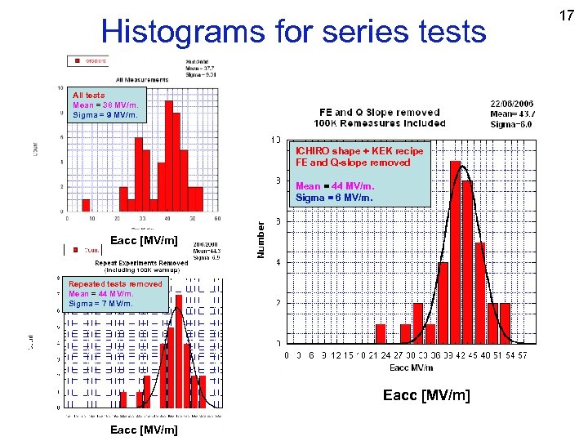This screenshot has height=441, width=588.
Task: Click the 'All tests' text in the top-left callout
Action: [x=89, y=96]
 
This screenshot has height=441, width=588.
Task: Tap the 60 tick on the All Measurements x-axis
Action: [x=217, y=219]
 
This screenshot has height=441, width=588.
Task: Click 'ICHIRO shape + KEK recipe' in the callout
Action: [x=359, y=151]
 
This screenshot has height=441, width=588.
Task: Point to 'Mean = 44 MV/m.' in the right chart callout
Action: [x=334, y=186]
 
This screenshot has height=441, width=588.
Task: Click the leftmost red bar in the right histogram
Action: [x=380, y=332]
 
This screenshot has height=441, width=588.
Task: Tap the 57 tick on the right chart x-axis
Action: [x=522, y=355]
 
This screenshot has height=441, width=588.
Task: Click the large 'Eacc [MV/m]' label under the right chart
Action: [x=426, y=396]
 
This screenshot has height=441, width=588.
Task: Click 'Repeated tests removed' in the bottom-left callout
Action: [x=115, y=284]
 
